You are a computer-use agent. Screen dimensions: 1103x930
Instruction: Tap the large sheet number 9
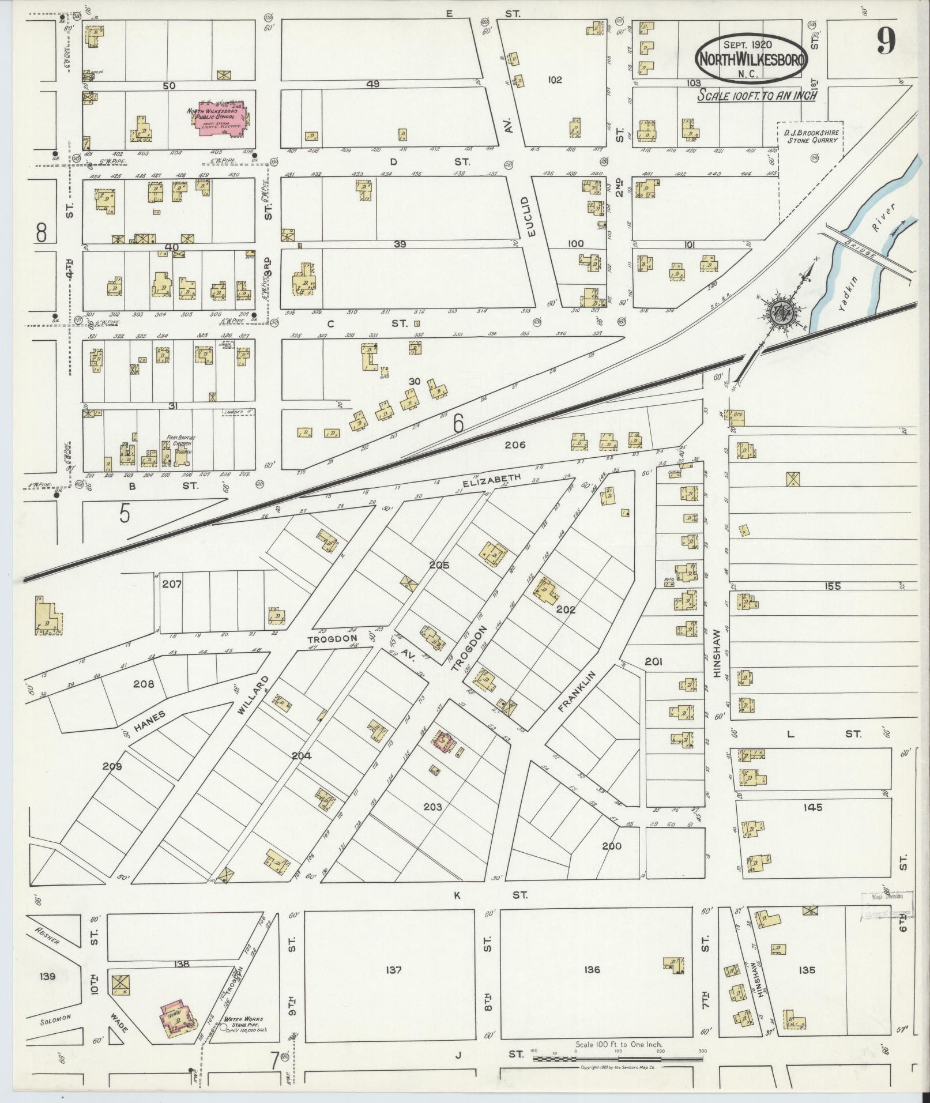pyautogui.click(x=886, y=42)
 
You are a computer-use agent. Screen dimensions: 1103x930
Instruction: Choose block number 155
pyautogui.click(x=832, y=586)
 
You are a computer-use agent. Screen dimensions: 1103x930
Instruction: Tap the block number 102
pyautogui.click(x=555, y=80)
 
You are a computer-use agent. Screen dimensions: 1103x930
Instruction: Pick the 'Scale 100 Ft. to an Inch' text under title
pyautogui.click(x=756, y=95)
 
